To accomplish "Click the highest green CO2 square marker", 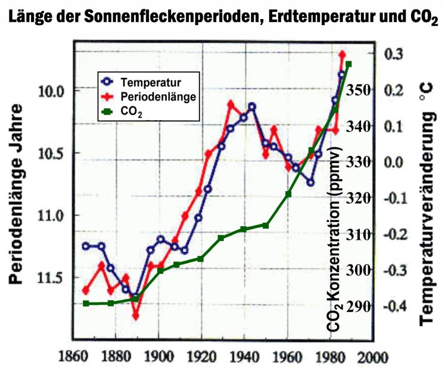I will coord(348,64).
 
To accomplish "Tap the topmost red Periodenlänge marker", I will coord(343,55).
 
